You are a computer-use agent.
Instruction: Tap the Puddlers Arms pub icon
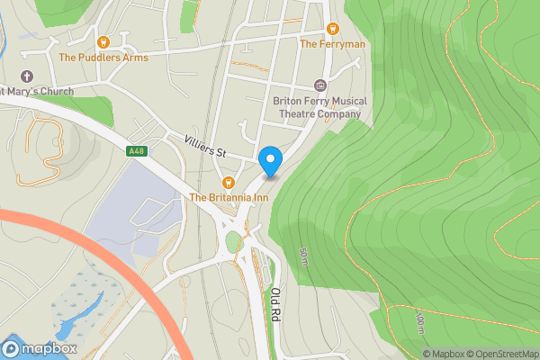[x=103, y=40]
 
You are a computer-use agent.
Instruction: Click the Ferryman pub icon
[x=332, y=28]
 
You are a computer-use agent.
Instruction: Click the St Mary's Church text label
[x=36, y=91]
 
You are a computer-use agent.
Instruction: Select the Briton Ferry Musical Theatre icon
[x=319, y=85]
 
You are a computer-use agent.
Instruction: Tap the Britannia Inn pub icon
[x=229, y=182]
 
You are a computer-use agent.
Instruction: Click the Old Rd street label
[x=276, y=304]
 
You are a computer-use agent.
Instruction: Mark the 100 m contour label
[x=419, y=323]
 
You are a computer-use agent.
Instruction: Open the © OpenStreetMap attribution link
[x=502, y=354]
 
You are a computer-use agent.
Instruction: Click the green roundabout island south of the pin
[x=234, y=241]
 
